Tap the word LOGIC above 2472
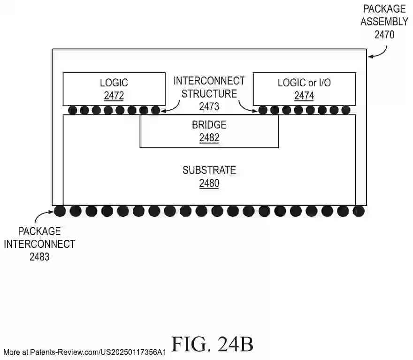114,83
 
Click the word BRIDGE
209,125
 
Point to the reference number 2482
209,138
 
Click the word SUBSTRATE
209,170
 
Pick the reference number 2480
209,184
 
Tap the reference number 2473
209,107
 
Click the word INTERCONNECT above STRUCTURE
209,81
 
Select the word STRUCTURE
209,93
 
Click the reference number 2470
384,34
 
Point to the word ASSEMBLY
384,21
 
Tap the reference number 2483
39,257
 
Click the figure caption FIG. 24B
212,344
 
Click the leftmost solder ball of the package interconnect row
60,211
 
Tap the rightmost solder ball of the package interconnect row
359,211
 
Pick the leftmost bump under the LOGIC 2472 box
72,110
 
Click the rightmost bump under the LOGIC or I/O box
346,110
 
